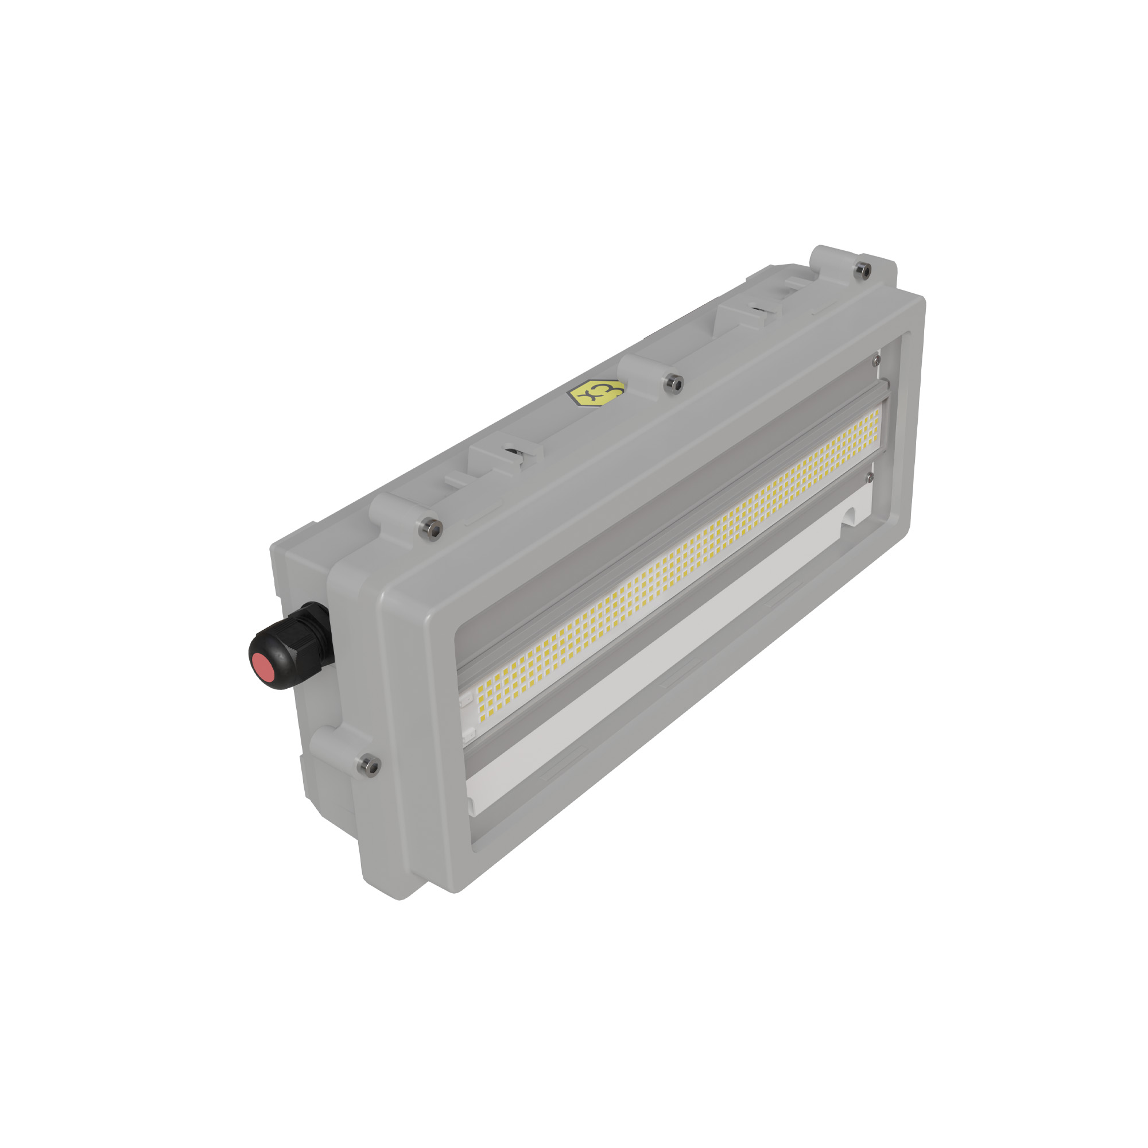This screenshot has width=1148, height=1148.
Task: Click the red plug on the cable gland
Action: click(264, 666)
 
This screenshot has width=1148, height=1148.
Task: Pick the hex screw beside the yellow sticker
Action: click(673, 383)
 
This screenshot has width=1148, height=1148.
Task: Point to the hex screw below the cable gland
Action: click(369, 765)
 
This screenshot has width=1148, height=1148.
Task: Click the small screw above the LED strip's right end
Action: click(875, 360)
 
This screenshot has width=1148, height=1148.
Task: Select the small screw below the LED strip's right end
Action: click(870, 476)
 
